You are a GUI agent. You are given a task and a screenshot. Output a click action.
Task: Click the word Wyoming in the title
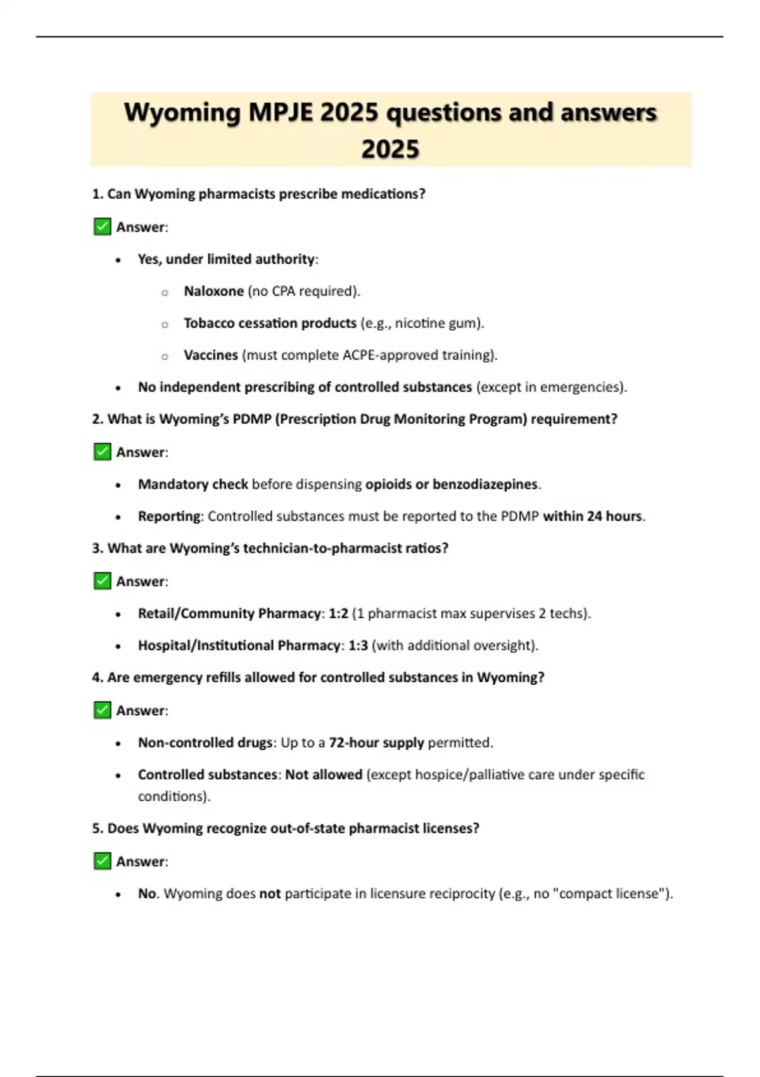pyautogui.click(x=182, y=113)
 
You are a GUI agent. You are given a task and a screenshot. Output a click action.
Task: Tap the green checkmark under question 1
pyautogui.click(x=102, y=227)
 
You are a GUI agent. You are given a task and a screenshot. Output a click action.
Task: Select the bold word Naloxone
pyautogui.click(x=213, y=291)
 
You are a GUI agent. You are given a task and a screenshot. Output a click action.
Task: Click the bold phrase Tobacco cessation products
pyautogui.click(x=270, y=323)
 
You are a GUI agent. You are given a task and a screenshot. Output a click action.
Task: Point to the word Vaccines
pyautogui.click(x=210, y=355)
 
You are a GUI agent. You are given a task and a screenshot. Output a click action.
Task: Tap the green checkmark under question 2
pyautogui.click(x=102, y=452)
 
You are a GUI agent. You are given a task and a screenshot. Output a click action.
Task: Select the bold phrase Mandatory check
pyautogui.click(x=193, y=485)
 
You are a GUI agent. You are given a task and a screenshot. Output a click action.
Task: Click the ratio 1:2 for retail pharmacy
pyautogui.click(x=338, y=613)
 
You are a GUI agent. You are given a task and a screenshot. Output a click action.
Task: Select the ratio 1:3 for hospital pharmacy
pyautogui.click(x=358, y=646)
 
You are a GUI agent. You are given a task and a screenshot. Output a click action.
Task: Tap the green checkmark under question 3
pyautogui.click(x=102, y=581)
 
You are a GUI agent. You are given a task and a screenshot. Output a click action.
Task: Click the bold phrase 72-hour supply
pyautogui.click(x=376, y=742)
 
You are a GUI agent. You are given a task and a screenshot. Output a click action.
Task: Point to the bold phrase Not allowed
pyautogui.click(x=324, y=775)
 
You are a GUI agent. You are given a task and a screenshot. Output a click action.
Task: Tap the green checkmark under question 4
pyautogui.click(x=102, y=710)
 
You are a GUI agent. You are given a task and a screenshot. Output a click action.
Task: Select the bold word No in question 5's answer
pyautogui.click(x=147, y=894)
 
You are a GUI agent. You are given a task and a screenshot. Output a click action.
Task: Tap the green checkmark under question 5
pyautogui.click(x=102, y=861)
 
